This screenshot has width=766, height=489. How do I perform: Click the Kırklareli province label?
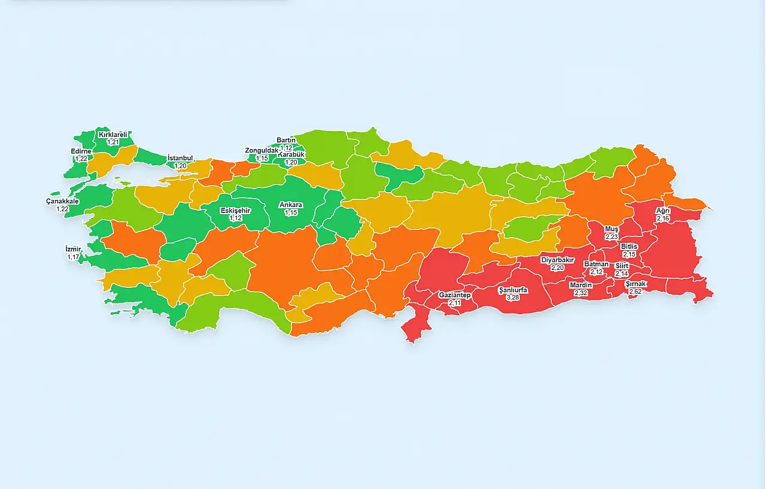click(113, 135)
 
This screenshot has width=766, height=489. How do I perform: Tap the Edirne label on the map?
click(81, 151)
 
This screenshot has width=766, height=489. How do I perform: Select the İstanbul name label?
click(180, 158)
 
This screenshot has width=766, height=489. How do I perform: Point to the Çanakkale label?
click(62, 201)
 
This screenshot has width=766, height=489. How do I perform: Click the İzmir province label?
click(73, 249)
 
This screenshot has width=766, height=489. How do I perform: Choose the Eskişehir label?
click(235, 211)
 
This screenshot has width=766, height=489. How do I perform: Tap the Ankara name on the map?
click(291, 205)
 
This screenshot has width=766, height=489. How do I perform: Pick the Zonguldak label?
click(262, 150)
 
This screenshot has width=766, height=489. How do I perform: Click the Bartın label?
click(286, 140)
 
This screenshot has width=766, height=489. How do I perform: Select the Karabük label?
click(291, 154)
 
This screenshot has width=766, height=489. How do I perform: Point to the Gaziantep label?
click(455, 295)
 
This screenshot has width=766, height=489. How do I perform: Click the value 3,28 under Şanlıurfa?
click(513, 297)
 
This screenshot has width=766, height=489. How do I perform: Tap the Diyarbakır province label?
click(558, 260)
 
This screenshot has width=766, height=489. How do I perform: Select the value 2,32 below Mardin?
click(580, 293)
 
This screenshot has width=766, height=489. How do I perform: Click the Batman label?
click(596, 264)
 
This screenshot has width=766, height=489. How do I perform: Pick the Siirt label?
click(622, 266)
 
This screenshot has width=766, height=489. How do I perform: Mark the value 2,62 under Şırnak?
click(636, 291)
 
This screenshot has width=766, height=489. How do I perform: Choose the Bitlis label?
click(629, 247)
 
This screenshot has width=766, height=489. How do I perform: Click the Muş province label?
click(611, 229)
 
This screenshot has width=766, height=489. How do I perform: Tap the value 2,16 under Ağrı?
click(662, 218)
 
